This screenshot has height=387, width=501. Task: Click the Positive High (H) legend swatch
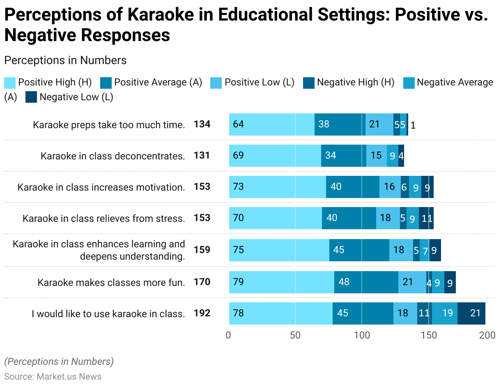coord(10,83)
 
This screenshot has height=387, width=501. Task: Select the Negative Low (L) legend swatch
coord(31,97)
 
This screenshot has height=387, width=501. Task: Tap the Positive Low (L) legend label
coord(259,83)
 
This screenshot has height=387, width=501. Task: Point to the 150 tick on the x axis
coord(429,335)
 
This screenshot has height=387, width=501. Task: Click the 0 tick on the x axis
coord(229,335)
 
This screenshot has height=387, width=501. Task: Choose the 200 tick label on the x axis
coord(487,335)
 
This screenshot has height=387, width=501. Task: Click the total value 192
coord(202,313)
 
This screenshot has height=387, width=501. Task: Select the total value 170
coord(202,282)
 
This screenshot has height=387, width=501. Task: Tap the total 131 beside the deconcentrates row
coord(202,155)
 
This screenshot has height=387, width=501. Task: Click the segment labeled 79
coord(281,282)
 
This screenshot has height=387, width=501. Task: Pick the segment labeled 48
coord(366,282)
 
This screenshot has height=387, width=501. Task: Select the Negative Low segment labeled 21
coord(471,313)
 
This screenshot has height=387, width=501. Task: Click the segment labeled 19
coord(444,313)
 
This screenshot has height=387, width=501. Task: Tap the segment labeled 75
coord(279,250)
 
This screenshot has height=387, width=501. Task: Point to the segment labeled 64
coord(271,124)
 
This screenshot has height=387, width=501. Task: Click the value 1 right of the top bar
coord(413,125)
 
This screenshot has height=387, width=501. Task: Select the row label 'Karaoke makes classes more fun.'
coord(111,283)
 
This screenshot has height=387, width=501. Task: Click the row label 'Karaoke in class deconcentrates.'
coord(113,156)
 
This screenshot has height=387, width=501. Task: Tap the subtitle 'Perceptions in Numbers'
coord(65,60)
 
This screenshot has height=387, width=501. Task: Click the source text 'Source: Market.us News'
coord(53,376)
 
